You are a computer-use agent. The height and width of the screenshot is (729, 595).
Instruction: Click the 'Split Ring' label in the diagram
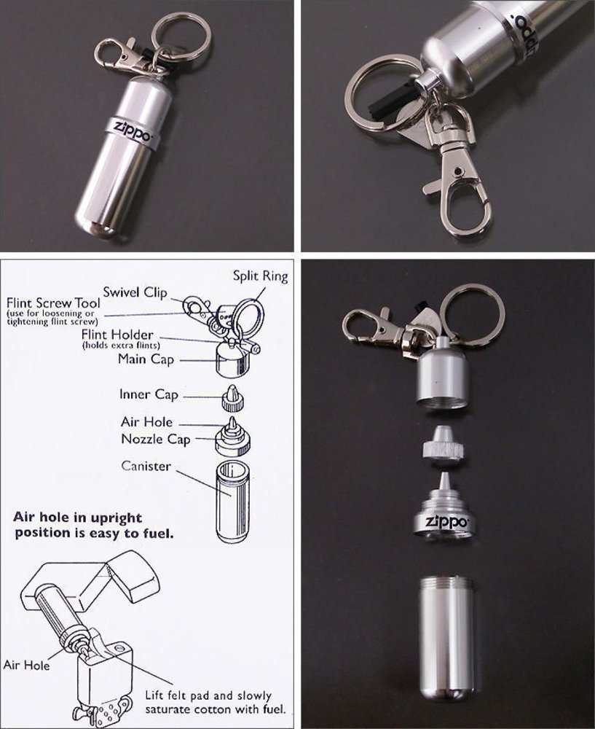260,276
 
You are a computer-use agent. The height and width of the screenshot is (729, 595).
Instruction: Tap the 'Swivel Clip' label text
135,292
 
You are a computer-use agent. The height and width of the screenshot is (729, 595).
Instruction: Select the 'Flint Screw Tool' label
53,303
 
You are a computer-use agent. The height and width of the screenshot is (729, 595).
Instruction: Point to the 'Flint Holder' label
117,335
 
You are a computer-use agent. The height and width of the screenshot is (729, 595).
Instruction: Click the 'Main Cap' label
146,359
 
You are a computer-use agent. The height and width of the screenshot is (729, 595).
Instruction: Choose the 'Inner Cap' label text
149,394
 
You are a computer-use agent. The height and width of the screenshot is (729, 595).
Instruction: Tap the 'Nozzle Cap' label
156,440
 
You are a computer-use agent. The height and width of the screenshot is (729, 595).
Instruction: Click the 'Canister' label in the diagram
146,466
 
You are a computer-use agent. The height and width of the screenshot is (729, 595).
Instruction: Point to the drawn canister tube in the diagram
234,502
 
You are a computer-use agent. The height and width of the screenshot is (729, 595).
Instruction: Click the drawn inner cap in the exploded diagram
233,398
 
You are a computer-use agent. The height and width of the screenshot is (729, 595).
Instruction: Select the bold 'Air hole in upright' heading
78,518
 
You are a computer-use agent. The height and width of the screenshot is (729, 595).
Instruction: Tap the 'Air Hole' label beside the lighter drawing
26,666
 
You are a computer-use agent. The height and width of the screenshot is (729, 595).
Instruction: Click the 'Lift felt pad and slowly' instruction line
208,696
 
